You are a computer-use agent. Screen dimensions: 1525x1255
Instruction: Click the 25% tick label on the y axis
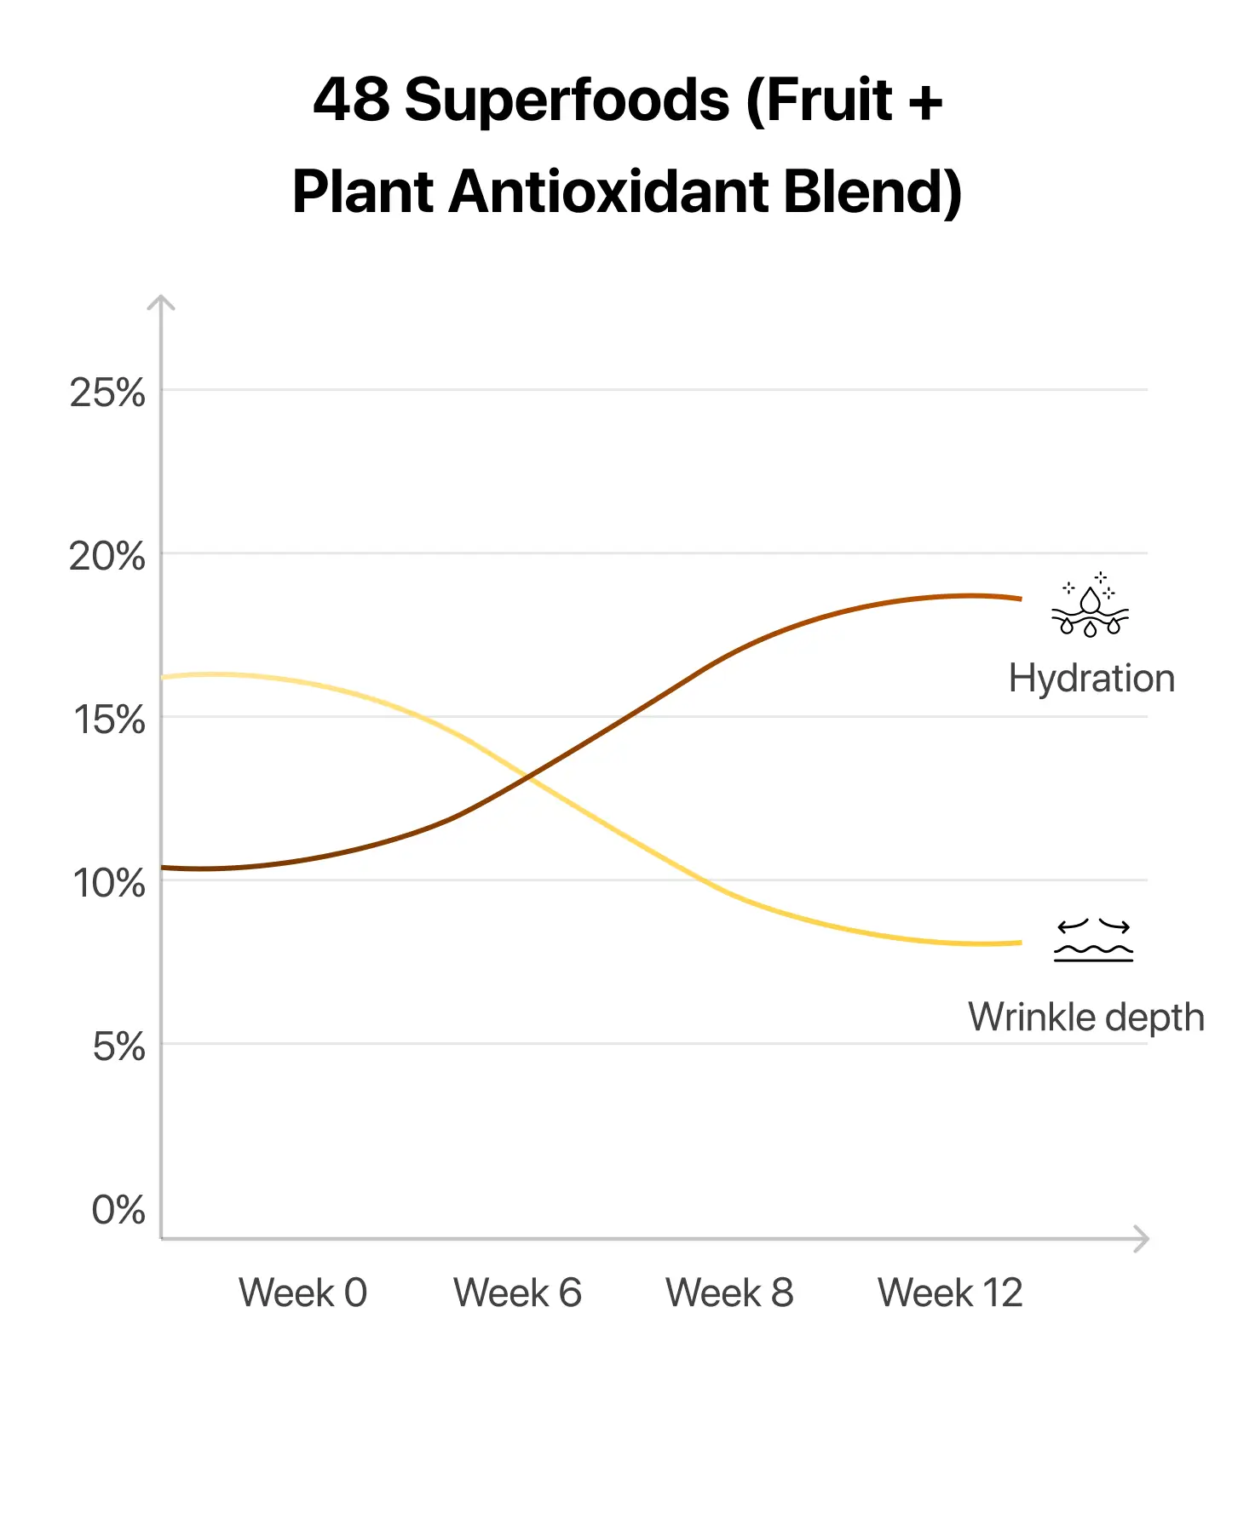point(107,393)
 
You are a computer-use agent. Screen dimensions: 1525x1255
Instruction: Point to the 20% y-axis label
point(107,557)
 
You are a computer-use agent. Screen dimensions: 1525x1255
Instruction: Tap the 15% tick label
point(109,720)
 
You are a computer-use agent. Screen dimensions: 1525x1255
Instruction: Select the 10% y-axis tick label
point(109,884)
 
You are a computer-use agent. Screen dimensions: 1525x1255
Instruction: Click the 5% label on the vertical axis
point(118,1047)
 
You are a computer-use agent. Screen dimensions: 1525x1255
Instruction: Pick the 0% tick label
point(118,1210)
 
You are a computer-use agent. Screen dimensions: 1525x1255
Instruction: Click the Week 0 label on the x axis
point(302,1293)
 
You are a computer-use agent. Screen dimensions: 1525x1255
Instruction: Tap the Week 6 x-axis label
point(517,1293)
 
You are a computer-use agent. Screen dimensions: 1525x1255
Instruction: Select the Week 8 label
point(729,1293)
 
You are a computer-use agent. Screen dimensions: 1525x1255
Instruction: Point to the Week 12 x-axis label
point(950,1293)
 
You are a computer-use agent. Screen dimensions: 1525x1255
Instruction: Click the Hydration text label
point(1091,679)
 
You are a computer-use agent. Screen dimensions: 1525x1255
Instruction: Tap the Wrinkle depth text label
point(1086,1018)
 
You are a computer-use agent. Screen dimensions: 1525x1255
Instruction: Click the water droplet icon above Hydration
point(1090,605)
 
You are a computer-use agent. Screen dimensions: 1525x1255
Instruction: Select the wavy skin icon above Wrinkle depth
point(1094,940)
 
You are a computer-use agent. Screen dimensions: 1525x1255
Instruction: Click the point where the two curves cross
point(529,777)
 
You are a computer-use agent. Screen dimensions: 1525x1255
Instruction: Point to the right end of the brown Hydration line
point(1020,599)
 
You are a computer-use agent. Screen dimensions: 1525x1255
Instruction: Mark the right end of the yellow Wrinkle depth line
point(1020,943)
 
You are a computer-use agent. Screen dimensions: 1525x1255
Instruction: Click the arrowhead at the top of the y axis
point(161,301)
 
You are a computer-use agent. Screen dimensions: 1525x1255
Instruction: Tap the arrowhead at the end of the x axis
point(1143,1239)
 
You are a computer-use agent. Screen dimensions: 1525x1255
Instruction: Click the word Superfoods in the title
point(567,100)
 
